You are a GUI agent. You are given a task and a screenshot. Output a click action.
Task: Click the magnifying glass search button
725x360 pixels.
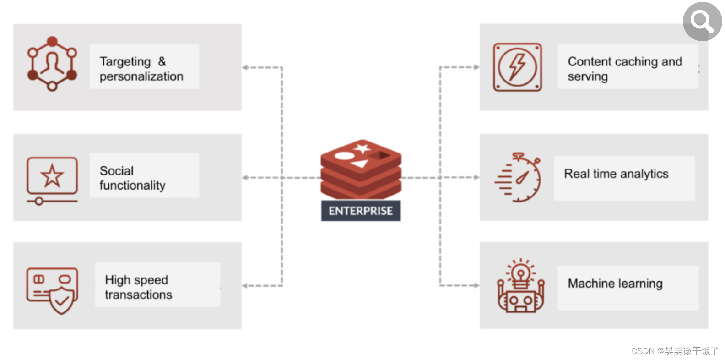(702, 21)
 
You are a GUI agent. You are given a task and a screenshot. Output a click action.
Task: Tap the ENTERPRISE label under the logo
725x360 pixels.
(361, 211)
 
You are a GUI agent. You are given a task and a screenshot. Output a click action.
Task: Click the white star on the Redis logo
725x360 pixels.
(362, 148)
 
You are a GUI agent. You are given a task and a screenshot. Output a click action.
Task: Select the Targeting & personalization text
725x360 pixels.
(141, 69)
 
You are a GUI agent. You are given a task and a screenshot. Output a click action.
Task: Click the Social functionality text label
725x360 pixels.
(132, 178)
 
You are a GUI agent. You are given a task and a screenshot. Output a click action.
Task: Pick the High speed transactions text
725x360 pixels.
(138, 287)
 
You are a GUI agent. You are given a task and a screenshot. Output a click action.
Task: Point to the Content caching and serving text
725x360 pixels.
(624, 69)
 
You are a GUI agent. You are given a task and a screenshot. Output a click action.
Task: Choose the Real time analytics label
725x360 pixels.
(616, 174)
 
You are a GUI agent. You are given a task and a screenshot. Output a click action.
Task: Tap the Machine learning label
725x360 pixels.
(615, 284)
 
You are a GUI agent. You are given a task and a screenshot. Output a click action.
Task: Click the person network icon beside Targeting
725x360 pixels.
(52, 64)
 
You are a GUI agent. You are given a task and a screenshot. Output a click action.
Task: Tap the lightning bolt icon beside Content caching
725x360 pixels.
(517, 67)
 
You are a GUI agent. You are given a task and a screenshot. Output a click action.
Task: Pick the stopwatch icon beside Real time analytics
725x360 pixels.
(520, 178)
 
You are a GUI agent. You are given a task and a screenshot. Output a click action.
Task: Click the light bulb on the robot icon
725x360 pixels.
(521, 273)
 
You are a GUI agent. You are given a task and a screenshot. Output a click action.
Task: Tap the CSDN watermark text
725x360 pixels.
(675, 351)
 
